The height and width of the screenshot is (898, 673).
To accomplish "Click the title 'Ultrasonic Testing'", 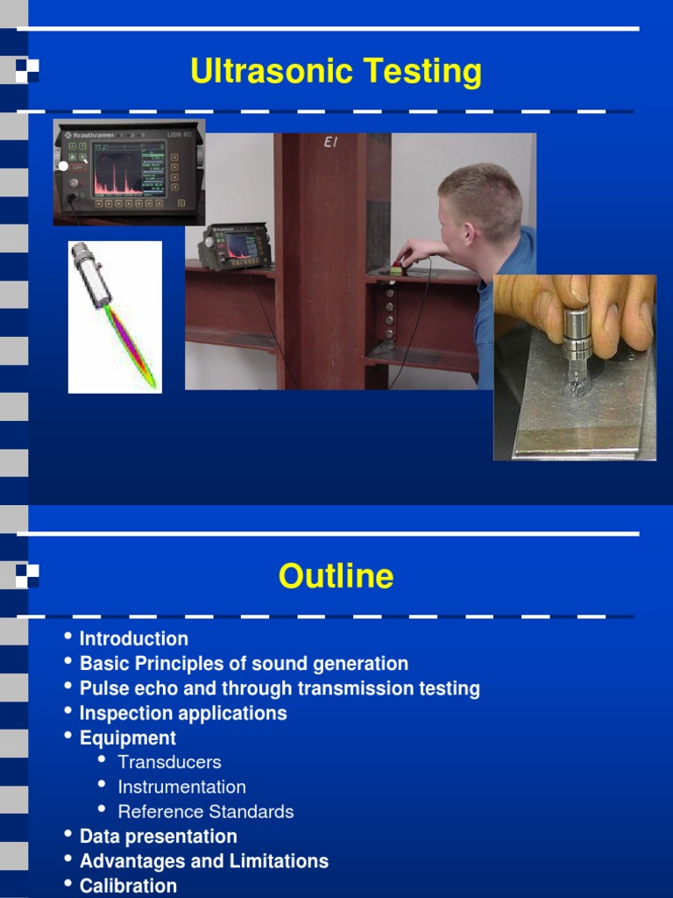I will [x=336, y=72].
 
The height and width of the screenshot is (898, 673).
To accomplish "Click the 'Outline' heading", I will [x=336, y=577].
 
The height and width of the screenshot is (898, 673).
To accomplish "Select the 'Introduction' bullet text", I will [x=133, y=638].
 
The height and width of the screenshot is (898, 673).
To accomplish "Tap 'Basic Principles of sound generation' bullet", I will [x=244, y=664].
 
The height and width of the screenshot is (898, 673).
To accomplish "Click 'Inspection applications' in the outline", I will [x=183, y=713].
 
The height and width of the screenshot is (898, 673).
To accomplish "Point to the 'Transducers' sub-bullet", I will [x=169, y=762].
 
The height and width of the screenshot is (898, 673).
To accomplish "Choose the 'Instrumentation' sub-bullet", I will [x=181, y=787].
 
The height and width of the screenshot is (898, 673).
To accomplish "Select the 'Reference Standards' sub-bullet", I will [x=206, y=811].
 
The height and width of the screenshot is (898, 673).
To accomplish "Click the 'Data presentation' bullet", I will [x=158, y=837].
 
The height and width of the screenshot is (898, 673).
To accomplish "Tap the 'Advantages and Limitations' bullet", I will [x=203, y=861].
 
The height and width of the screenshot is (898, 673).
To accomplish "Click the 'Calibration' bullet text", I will [x=128, y=886].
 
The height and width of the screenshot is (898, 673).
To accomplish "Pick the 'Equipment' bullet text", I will [x=127, y=738].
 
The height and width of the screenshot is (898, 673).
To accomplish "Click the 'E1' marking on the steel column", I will [x=330, y=142].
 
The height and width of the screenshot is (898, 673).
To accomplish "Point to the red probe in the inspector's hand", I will [x=399, y=264].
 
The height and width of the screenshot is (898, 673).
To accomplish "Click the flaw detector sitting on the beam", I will [x=234, y=246].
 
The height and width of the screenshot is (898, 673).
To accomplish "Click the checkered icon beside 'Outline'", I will [x=27, y=576].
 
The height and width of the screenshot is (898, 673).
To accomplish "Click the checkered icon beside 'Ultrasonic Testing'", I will [x=27, y=70].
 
